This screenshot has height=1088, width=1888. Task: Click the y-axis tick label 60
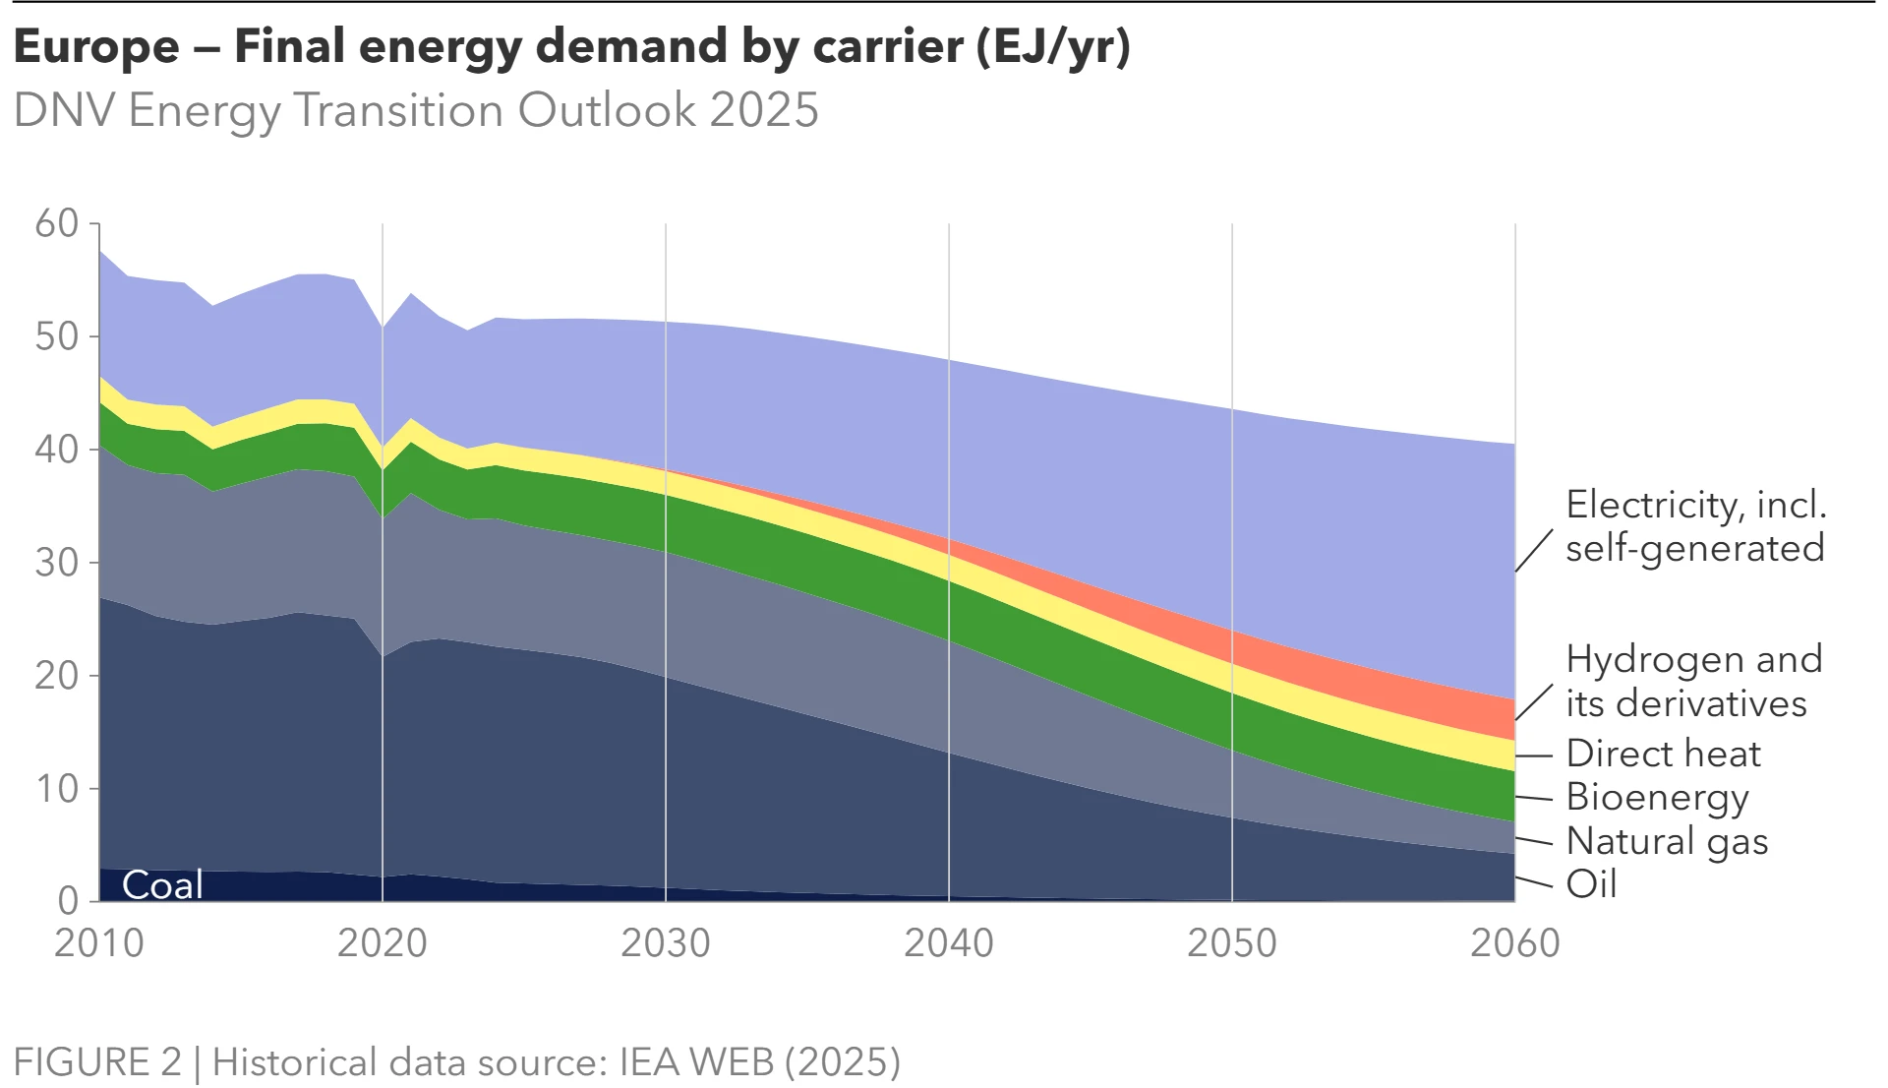click(57, 224)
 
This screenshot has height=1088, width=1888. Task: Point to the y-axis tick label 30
click(57, 564)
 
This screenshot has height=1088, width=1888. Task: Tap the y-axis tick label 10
click(57, 789)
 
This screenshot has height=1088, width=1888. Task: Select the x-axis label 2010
click(99, 943)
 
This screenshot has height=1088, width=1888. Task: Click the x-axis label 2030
click(666, 943)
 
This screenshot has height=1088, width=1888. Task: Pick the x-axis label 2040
click(949, 943)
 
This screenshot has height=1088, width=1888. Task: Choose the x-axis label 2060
click(1515, 943)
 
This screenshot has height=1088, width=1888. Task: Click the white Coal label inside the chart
click(162, 885)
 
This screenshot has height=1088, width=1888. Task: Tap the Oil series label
click(1591, 884)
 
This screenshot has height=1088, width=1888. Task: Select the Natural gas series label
click(1667, 841)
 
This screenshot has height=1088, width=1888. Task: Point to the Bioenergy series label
click(1657, 797)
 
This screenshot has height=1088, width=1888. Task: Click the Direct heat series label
click(1663, 754)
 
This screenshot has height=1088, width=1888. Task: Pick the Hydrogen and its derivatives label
click(1693, 681)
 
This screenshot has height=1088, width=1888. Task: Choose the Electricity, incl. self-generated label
click(1695, 526)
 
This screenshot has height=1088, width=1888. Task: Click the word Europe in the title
click(96, 46)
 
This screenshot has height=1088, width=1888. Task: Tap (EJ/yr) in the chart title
click(1053, 46)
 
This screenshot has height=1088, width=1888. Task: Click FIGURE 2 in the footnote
click(98, 1062)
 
